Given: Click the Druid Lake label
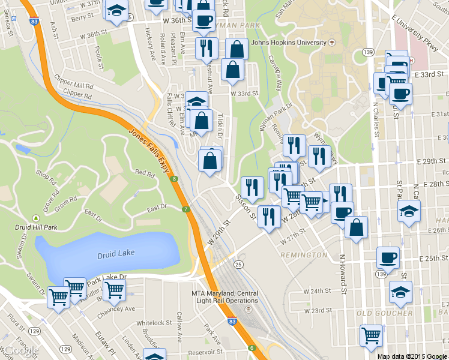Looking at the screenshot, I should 116,254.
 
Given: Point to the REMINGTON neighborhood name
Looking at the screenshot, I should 307,255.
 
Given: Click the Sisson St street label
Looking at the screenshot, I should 245,206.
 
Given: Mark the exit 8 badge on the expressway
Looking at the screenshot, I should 173,179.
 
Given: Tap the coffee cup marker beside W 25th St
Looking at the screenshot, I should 387,258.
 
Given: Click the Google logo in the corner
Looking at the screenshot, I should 20,350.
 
